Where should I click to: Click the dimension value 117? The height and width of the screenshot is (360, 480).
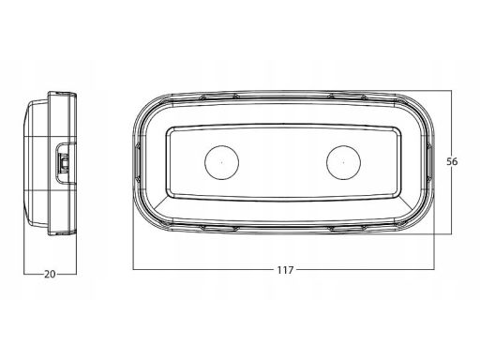click(x=285, y=270)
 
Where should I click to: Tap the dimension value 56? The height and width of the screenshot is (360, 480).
click(x=452, y=161)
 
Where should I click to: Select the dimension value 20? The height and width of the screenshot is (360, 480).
click(x=50, y=275)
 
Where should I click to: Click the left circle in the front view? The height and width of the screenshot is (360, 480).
click(x=222, y=162)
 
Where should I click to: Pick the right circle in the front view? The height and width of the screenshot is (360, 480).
click(x=343, y=162)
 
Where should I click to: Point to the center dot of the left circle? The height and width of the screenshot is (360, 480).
click(x=222, y=162)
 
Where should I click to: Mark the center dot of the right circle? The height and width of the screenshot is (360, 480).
click(x=343, y=162)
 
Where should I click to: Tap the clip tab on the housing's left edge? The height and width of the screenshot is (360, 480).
click(x=137, y=162)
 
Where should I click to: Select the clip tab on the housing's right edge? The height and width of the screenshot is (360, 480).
click(x=430, y=162)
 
